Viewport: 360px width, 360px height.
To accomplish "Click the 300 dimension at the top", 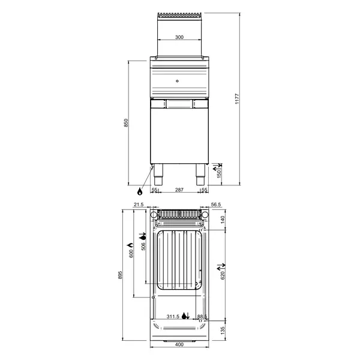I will tap(179, 37).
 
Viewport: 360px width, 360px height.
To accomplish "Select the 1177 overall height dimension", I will tap(236, 98).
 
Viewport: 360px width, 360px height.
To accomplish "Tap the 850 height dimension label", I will tap(126, 122).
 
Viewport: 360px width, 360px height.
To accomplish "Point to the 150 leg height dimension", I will tap(219, 174).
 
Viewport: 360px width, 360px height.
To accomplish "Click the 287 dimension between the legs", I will tap(179, 190).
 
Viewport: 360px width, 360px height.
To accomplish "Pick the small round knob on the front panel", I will tap(178, 78).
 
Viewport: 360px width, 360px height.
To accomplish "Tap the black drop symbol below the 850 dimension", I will tap(140, 191).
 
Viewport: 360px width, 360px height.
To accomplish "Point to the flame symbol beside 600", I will tap(130, 246).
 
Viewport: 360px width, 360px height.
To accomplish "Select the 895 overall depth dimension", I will tap(121, 275).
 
